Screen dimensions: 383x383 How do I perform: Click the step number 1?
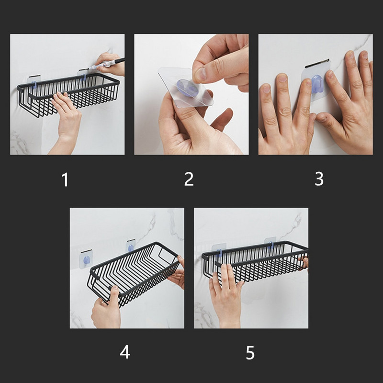(65, 180)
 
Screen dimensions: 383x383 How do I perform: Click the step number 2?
(189, 179)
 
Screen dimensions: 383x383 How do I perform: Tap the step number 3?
(319, 179)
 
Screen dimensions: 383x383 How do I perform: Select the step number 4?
(125, 352)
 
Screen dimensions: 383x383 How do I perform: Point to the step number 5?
(250, 352)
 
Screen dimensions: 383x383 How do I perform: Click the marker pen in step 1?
(106, 64)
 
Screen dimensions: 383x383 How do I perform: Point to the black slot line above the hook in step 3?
(316, 63)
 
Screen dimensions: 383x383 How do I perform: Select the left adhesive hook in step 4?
(86, 259)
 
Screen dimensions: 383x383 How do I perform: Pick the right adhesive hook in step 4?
(131, 246)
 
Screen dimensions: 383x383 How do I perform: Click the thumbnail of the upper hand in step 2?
(201, 74)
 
